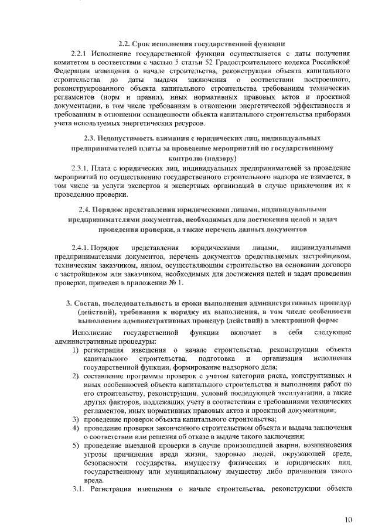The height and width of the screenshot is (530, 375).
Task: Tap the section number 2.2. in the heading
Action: coord(125,43)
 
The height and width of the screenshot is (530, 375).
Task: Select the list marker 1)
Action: coord(76,350)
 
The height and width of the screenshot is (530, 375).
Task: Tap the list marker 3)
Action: coord(76,419)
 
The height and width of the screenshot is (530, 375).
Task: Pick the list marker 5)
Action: coord(76,444)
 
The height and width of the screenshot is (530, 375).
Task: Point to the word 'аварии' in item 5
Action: coord(248,444)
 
